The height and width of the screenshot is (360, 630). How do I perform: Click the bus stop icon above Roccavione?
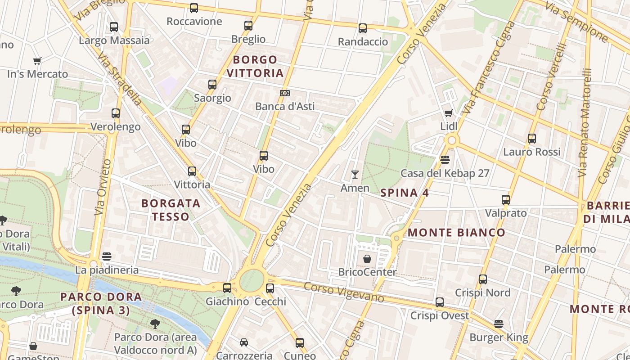coord(194,8)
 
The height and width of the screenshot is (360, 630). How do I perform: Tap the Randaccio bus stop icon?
coord(363,28)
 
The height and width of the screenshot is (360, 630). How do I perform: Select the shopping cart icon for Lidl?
coord(448,113)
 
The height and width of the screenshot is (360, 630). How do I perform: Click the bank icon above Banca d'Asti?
coord(284,93)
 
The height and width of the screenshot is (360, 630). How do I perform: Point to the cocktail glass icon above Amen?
coord(355,175)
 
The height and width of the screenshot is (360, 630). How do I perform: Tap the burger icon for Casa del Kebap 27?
coord(445,160)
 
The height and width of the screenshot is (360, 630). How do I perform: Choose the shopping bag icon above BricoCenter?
coord(367,259)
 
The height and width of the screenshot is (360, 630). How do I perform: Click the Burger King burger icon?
coord(498,324)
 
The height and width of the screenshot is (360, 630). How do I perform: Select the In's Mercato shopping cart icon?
coord(37,61)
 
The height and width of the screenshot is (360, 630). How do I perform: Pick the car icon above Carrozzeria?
coord(243,342)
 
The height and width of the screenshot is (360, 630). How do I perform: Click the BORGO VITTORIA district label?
coord(255,66)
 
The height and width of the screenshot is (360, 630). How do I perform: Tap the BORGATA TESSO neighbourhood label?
coord(171,210)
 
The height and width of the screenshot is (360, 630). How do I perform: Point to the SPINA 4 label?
coord(405,193)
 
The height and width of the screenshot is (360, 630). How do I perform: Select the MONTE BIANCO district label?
coord(456,233)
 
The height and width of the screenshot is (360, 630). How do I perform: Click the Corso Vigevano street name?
coord(344,292)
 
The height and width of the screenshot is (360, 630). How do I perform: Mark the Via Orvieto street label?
coord(103,187)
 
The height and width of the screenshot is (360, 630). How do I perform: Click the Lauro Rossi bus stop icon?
coord(532,139)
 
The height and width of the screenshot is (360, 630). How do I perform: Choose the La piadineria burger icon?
coord(107,256)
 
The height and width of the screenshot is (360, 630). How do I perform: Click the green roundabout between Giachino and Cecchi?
coord(251,281)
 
